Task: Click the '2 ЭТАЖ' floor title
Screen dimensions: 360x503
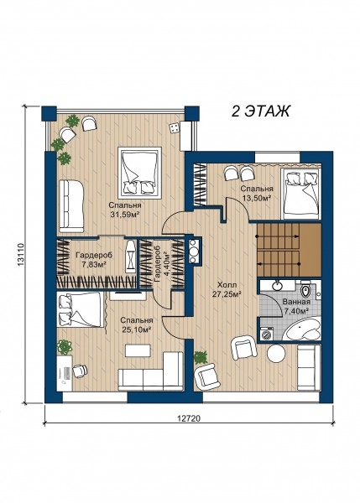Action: point(260,111)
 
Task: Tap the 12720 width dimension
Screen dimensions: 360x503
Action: point(189,418)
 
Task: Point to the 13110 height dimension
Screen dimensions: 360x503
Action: point(20,254)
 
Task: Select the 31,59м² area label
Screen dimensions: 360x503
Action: point(124,215)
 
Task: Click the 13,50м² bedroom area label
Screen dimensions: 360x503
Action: point(257,198)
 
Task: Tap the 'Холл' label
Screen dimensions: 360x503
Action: point(227,285)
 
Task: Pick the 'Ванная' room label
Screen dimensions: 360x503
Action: point(296,302)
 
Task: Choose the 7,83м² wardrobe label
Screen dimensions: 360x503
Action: point(93,264)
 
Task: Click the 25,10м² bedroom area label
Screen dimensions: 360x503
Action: point(137,329)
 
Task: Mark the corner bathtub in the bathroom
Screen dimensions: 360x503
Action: point(303,329)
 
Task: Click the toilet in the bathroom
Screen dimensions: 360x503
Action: point(305,289)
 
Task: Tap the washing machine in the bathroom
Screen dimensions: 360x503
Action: point(267,334)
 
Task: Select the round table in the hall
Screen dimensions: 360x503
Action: point(276,354)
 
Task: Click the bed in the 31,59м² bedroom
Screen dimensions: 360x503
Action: point(139,173)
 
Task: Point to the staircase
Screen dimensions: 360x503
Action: point(289,250)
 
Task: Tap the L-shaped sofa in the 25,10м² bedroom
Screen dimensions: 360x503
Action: point(151,372)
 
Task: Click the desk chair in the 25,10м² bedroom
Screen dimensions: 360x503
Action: point(80,371)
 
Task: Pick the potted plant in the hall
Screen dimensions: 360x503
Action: point(201,357)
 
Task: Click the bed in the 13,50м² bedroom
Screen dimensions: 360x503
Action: point(301,194)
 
